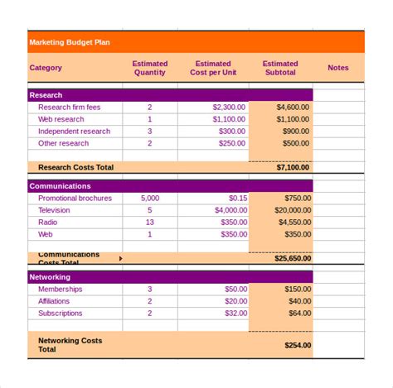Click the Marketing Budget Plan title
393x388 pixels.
[70, 42]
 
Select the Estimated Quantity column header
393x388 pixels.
[150, 68]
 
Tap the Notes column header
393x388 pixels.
[338, 68]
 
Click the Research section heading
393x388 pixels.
[46, 95]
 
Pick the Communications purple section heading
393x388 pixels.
[61, 186]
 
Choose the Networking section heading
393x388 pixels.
[50, 277]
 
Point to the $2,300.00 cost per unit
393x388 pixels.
[229, 108]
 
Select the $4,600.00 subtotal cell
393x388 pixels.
[293, 108]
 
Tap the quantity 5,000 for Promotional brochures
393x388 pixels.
[150, 199]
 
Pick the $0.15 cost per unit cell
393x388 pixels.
[238, 199]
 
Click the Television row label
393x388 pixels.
[55, 210]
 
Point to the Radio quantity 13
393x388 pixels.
[150, 223]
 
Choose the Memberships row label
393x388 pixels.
[61, 290]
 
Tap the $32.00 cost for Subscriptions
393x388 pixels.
[235, 314]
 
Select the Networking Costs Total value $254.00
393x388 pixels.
[296, 345]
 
